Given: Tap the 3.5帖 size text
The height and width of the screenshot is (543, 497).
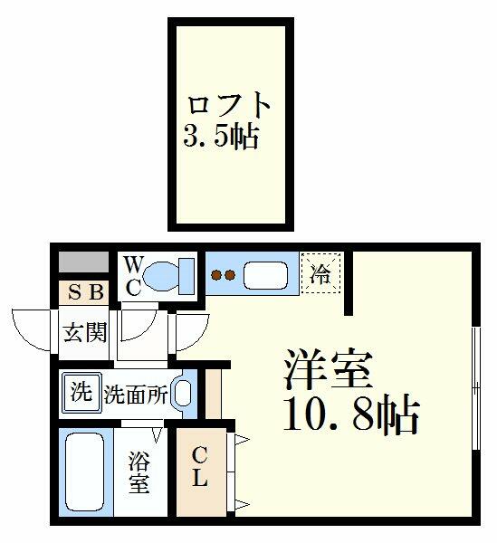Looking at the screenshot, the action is (221, 137).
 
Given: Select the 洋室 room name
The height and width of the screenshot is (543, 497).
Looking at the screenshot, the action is (328, 369).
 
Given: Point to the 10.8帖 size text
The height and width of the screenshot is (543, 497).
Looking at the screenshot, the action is (351, 415).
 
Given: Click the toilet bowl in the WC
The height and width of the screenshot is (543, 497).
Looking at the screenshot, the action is (161, 276).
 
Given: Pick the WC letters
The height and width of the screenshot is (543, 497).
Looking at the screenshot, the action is (133, 277).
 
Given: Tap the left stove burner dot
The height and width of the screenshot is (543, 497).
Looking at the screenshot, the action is (216, 275).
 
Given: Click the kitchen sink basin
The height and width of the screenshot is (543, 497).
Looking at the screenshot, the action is (265, 275).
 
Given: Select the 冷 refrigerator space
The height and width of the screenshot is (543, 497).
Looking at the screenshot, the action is (320, 273).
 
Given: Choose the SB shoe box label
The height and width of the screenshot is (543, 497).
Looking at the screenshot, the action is (86, 292).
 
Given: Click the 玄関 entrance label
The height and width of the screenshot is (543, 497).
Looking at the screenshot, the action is (85, 332).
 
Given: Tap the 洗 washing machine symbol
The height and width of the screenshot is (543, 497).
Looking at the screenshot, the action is (81, 392).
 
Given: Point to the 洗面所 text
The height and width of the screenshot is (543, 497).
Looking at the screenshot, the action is (136, 395).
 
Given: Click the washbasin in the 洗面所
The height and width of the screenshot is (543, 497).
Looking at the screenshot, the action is (183, 394).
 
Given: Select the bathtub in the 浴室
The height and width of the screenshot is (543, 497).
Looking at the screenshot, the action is (85, 471).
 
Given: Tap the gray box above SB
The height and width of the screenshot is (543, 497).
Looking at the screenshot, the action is (83, 262).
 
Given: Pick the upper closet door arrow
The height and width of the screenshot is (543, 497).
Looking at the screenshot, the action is (243, 440).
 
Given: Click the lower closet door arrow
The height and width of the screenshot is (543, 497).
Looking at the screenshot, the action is (243, 504).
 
